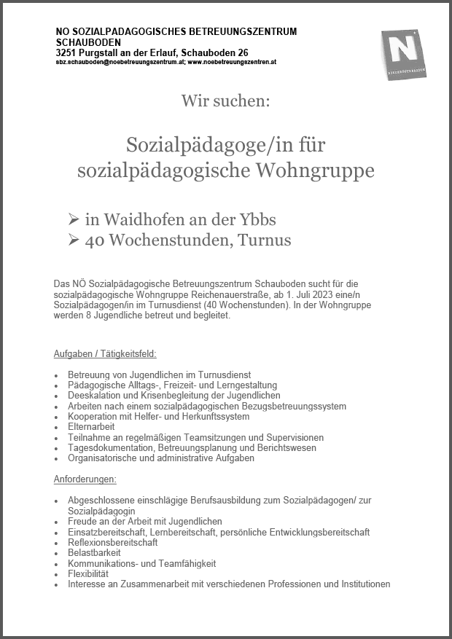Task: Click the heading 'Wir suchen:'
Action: [x=225, y=101]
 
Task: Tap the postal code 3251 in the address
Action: [x=66, y=53]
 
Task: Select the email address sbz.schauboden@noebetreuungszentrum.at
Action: [x=120, y=63]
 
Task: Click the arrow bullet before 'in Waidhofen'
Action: [x=74, y=219]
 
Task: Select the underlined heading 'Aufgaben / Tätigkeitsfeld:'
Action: [x=105, y=353]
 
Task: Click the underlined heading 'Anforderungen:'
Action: [x=85, y=479]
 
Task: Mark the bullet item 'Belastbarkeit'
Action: [x=95, y=553]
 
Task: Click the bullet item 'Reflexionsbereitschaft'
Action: [x=112, y=543]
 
